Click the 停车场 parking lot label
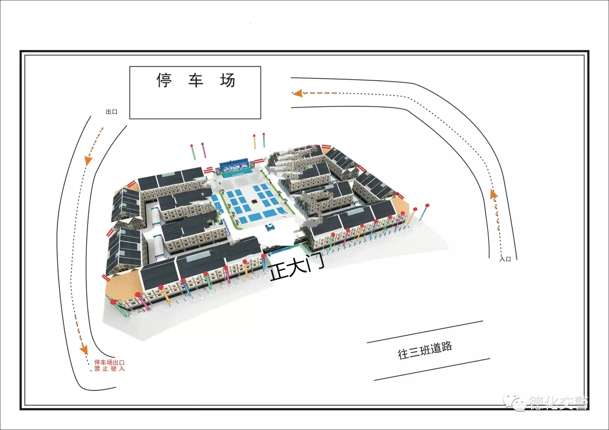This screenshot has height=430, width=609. click(x=195, y=81)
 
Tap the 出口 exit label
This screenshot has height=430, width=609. click(x=111, y=112)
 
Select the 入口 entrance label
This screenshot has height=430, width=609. click(x=505, y=259)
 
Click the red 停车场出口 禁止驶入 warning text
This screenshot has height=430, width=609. click(x=109, y=366)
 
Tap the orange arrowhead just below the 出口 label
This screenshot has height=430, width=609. click(x=89, y=160)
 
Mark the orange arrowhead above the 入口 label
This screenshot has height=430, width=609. click(x=494, y=195)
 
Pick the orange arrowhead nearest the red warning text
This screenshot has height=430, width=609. click(x=84, y=348)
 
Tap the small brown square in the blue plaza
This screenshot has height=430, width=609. click(x=255, y=201)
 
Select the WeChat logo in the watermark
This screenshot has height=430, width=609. click(x=516, y=402)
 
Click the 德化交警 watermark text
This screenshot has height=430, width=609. click(x=558, y=403)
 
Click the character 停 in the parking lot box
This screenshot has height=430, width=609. click(x=164, y=81)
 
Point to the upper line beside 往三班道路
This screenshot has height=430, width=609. click(x=425, y=332)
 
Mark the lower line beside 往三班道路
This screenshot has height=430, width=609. click(x=432, y=369)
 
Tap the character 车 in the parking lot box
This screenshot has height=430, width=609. click(x=196, y=81)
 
